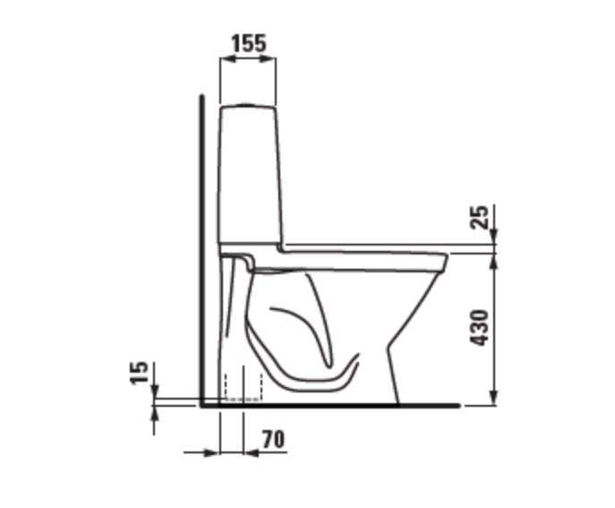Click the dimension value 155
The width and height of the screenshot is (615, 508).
pyautogui.click(x=248, y=42)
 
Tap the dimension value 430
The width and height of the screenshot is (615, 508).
pyautogui.click(x=481, y=328)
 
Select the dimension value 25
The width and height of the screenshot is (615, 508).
pyautogui.click(x=481, y=217)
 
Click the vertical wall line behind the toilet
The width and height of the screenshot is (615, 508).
pyautogui.click(x=202, y=251)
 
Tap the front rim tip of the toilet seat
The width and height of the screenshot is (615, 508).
pyautogui.click(x=445, y=261)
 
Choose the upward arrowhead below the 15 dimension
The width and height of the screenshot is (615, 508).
pyautogui.click(x=155, y=411)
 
